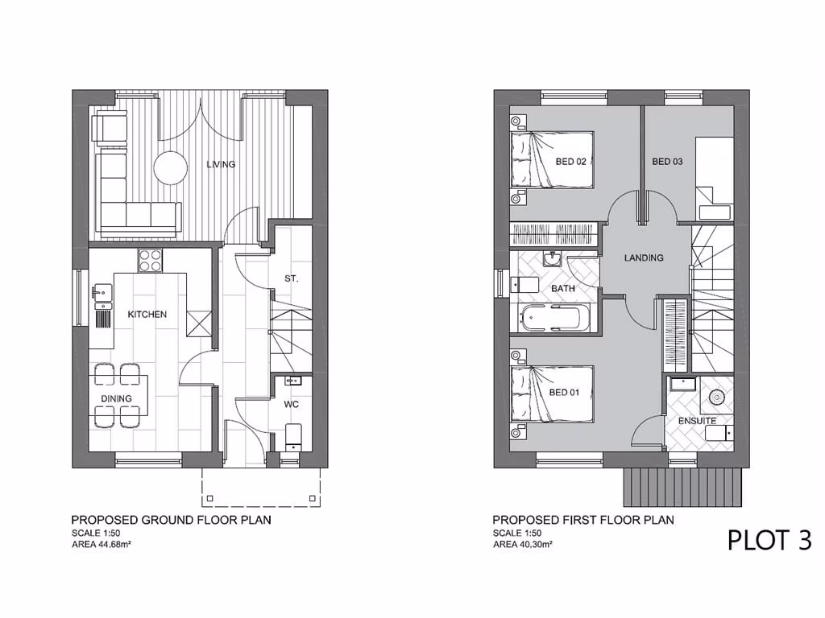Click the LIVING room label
(x=221, y=164)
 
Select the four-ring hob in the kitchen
(x=150, y=260)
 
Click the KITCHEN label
(x=147, y=314)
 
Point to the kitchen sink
(x=102, y=295)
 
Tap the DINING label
(x=116, y=398)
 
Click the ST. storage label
(x=292, y=279)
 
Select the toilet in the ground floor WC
(x=293, y=435)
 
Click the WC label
(x=291, y=405)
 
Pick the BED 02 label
(x=570, y=161)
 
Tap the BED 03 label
(x=667, y=161)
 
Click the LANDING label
(x=644, y=257)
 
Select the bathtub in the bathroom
(x=553, y=318)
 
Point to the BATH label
(x=562, y=287)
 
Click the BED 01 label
(x=565, y=393)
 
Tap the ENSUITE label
(x=697, y=421)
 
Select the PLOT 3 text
(x=769, y=539)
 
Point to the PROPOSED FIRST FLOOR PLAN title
(x=582, y=520)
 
